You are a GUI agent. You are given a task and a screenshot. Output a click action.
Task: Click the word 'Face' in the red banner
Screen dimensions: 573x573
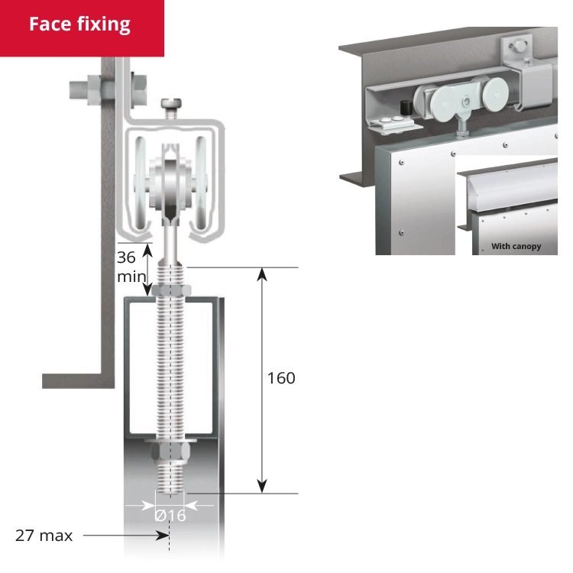click(x=51, y=24)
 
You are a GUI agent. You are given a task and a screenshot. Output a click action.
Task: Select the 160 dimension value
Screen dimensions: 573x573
click(x=280, y=378)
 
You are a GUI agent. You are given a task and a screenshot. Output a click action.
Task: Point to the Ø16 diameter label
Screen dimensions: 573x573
click(x=170, y=516)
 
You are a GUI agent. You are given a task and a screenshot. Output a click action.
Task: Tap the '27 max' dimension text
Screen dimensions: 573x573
click(x=44, y=536)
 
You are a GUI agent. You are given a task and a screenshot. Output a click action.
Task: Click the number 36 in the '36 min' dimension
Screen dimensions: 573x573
click(x=126, y=257)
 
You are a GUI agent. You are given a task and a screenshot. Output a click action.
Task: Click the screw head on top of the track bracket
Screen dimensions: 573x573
click(x=170, y=104)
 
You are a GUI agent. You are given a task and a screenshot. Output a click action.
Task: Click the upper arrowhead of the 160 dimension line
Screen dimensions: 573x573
click(x=262, y=273)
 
